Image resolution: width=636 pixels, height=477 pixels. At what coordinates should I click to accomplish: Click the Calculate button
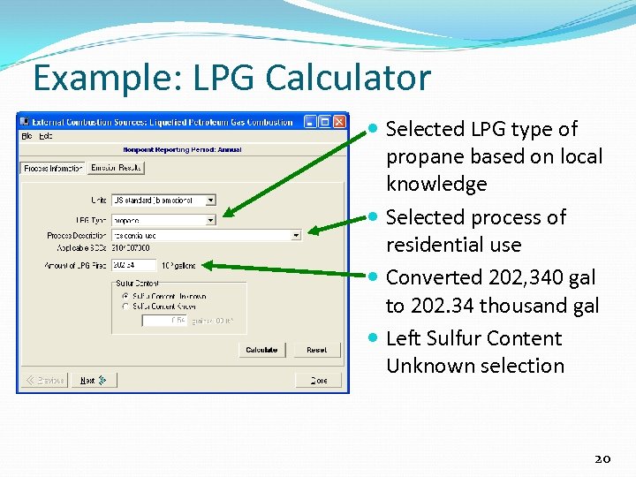point(261,350)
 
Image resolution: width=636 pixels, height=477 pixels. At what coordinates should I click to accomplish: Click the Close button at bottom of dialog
point(317,380)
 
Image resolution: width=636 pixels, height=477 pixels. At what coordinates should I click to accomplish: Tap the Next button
point(92,380)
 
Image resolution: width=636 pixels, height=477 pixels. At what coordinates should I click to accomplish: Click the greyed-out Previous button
point(45,380)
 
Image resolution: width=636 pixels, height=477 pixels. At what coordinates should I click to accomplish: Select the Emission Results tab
point(116,168)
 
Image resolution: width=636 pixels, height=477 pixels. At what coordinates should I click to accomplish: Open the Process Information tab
point(53,168)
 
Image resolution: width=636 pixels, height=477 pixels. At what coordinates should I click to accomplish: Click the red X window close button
point(341,122)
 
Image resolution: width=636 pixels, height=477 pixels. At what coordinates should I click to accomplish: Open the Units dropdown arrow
point(210,201)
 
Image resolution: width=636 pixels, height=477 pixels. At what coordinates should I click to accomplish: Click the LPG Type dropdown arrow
point(210,219)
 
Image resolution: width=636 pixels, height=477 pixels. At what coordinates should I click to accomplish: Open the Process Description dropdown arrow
point(295,235)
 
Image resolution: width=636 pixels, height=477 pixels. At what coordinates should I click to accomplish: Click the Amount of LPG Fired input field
point(133,264)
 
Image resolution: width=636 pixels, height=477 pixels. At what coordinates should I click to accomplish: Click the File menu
point(26,136)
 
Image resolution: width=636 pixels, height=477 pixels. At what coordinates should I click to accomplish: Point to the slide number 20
point(603,458)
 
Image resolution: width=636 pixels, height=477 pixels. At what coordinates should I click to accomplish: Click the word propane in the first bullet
point(425,156)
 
